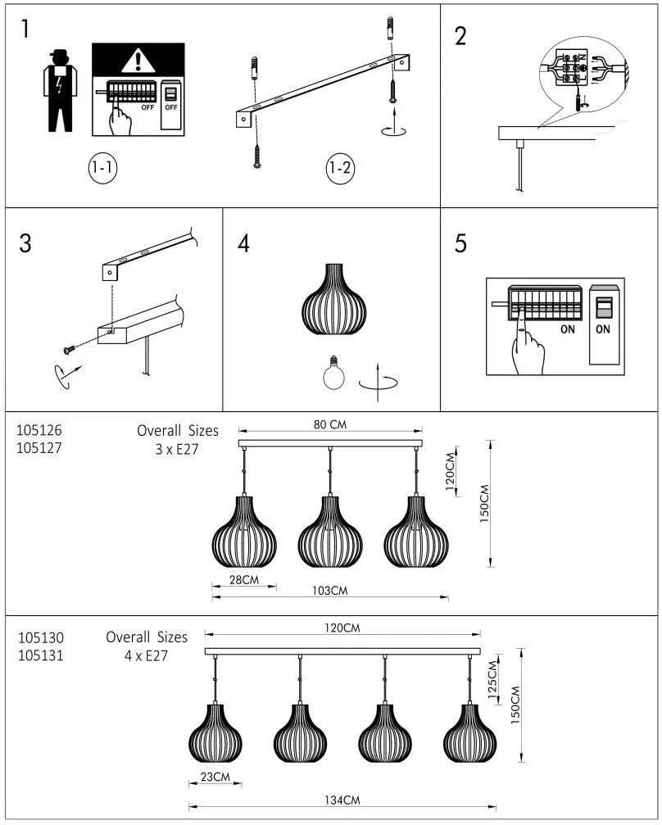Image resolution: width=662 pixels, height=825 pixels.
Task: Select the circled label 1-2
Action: coord(339,169)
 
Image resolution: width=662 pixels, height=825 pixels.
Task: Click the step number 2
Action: coord(460,36)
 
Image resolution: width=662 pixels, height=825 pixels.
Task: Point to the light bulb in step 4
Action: coord(334,374)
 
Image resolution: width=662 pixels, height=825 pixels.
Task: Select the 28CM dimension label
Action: coord(243,579)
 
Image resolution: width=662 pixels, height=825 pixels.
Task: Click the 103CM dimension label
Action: coord(331,591)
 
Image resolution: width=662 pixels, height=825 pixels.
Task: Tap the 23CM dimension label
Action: coord(215,777)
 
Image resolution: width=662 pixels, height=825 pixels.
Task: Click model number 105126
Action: coord(39,430)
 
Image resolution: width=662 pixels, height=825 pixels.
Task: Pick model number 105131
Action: coord(41,655)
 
